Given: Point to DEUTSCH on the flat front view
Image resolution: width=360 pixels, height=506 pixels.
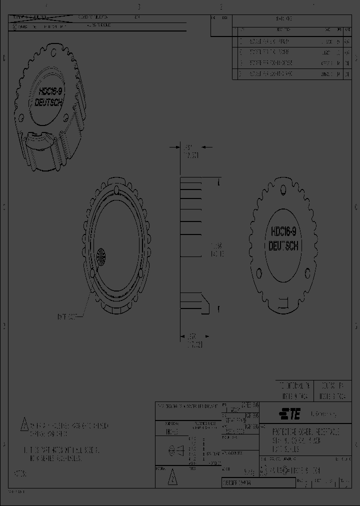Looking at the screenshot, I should [284, 246].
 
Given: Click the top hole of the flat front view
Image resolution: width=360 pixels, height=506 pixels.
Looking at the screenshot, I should [283, 189].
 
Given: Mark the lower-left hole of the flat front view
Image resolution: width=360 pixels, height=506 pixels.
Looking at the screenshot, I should [259, 273].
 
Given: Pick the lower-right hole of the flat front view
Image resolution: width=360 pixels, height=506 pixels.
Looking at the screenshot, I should [308, 273].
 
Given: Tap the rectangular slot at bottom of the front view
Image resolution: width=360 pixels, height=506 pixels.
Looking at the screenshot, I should [283, 302].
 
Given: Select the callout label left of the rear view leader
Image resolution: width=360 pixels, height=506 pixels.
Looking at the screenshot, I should [67, 316].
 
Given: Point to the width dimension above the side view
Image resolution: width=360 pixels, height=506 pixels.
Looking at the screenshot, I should [190, 151].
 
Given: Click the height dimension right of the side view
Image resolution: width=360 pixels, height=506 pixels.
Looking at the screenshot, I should [217, 250].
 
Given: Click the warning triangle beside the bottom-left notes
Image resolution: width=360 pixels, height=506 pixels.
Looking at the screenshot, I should [23, 425].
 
